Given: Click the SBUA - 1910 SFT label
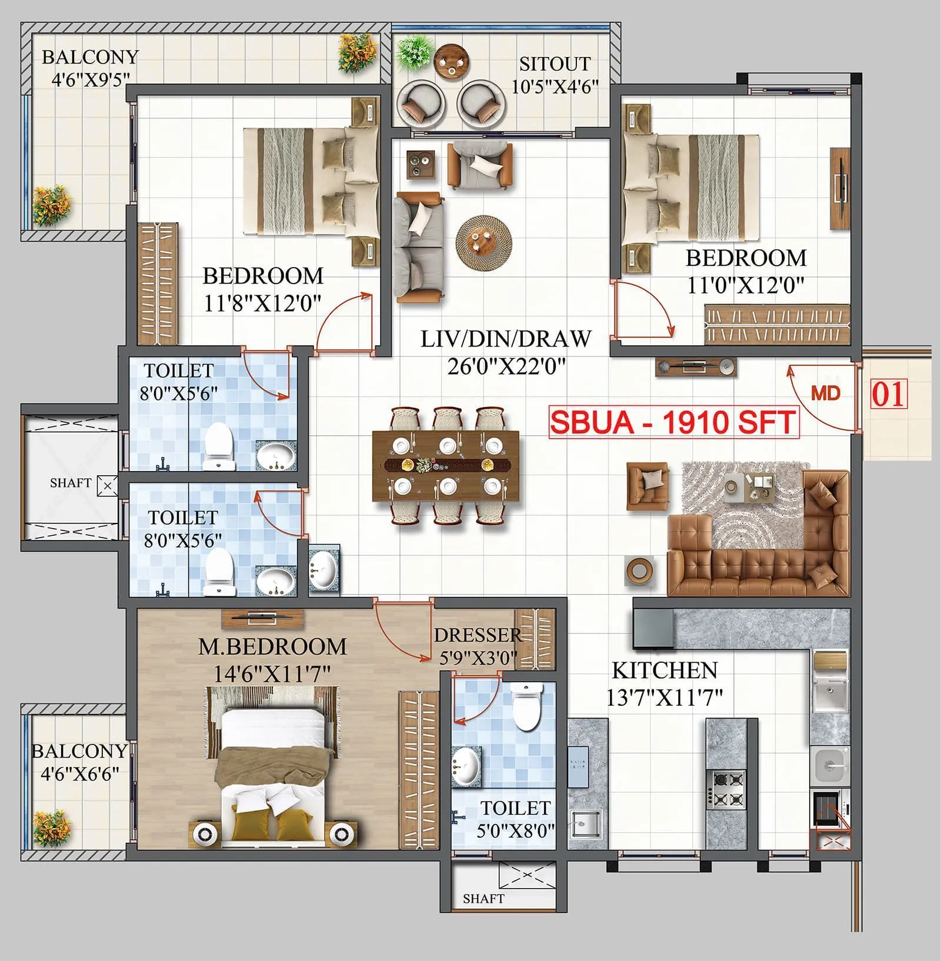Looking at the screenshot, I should point(673,422).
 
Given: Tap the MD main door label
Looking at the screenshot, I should point(825,393).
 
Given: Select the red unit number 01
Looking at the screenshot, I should point(889,394).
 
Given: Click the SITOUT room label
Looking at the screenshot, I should point(554,64).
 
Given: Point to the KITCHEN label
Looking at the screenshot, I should point(665,670).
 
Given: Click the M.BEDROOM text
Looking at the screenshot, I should point(272,646).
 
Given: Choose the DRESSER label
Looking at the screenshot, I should point(478,635).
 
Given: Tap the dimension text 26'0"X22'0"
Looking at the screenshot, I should point(506,367).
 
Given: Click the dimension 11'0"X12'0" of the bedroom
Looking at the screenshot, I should point(745,286).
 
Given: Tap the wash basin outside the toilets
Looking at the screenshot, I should point(323,570).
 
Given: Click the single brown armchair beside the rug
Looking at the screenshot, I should point(648,485).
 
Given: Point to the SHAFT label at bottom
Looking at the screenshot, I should point(483,899).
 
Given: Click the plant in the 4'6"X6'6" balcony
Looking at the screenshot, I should point(51,826).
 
